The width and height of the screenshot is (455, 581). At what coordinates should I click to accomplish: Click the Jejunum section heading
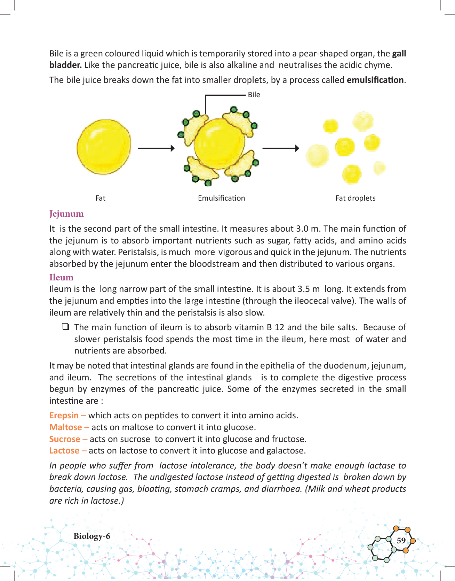(x=66, y=214)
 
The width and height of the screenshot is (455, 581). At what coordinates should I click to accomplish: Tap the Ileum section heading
(x=61, y=277)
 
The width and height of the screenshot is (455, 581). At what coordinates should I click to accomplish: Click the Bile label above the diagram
(x=254, y=95)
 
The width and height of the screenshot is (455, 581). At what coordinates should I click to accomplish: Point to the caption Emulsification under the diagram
(x=221, y=198)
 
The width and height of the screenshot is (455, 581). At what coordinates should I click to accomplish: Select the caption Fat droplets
(x=355, y=198)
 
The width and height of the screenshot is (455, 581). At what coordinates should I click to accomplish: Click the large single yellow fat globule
(x=104, y=147)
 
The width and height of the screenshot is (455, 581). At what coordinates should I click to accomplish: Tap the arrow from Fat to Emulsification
(x=156, y=148)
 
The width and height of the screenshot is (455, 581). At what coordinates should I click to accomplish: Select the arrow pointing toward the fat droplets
(x=281, y=148)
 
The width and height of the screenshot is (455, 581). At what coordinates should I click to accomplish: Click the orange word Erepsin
(x=64, y=416)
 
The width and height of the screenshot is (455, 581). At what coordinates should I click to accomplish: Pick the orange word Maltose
(x=66, y=427)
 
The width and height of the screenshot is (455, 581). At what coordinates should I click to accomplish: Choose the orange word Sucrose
(x=65, y=439)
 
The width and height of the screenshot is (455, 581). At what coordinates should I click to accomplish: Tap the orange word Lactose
(x=64, y=451)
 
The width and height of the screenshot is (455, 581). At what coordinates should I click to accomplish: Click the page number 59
(x=401, y=540)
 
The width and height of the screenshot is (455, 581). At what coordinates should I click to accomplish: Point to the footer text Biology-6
(x=92, y=536)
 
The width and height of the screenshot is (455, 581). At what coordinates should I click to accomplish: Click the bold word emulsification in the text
(x=375, y=80)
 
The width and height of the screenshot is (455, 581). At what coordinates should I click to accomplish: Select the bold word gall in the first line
(x=399, y=54)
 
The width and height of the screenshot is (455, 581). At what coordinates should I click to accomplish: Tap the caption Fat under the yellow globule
(x=100, y=198)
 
